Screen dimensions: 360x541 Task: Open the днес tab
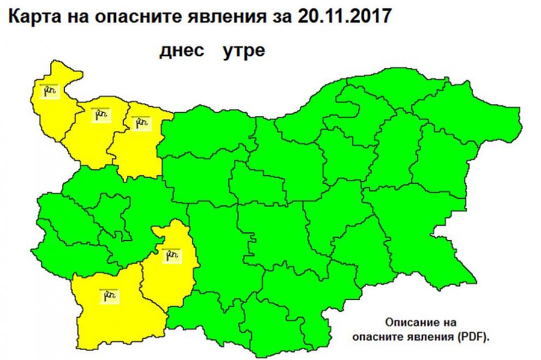click(x=182, y=51)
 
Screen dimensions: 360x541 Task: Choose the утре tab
click(x=243, y=51)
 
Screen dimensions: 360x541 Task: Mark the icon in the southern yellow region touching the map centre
click(x=171, y=254)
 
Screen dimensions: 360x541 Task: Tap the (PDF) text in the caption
click(x=478, y=338)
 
